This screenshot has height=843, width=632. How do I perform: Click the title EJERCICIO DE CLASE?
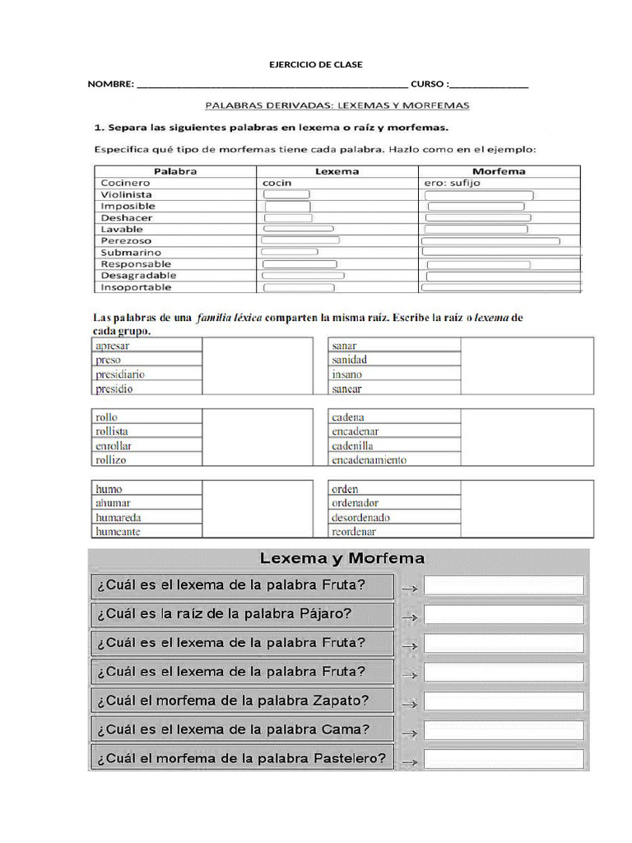tap(316, 64)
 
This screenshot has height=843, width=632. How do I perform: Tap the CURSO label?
tap(428, 85)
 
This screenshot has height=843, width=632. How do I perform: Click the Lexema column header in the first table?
tap(337, 171)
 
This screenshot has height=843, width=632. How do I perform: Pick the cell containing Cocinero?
tap(125, 183)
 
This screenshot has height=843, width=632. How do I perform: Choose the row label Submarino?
tap(131, 252)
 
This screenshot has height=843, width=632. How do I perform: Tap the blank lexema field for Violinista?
tap(286, 194)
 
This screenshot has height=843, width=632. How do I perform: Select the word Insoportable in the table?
tap(136, 287)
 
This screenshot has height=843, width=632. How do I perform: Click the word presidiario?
tap(120, 375)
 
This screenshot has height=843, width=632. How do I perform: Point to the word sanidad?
tap(349, 360)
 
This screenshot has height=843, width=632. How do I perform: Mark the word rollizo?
tap(111, 460)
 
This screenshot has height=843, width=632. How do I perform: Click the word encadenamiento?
tap(369, 460)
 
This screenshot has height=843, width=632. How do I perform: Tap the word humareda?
tap(118, 518)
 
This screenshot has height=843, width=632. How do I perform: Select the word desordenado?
tap(360, 518)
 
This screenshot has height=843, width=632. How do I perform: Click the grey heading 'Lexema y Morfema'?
tap(342, 558)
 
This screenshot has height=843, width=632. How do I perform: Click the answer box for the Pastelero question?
tap(504, 759)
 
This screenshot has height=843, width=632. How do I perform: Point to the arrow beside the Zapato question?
tap(409, 702)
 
